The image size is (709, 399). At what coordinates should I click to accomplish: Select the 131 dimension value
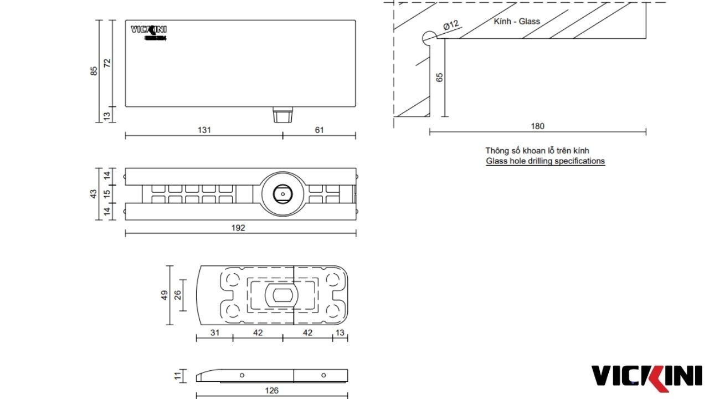click(204, 130)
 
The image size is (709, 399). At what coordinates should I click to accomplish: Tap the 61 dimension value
click(319, 130)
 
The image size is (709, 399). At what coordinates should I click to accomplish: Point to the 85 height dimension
click(94, 71)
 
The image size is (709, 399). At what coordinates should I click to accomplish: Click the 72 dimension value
click(107, 63)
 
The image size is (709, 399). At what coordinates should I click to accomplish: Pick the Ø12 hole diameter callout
click(451, 25)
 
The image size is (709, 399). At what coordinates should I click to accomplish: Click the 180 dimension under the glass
click(537, 126)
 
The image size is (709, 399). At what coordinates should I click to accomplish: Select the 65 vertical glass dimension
click(439, 78)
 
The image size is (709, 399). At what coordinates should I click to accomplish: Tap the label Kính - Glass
click(516, 22)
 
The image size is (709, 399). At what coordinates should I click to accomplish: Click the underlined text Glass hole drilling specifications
click(545, 161)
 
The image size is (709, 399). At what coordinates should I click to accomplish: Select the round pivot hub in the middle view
click(282, 194)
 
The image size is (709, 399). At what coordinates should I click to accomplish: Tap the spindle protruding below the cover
click(282, 116)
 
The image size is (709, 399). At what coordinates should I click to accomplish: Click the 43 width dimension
click(94, 194)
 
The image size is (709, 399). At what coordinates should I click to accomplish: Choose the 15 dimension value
click(107, 194)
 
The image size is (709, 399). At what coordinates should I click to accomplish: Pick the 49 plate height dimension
click(164, 295)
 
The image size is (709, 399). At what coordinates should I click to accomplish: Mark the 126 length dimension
click(271, 390)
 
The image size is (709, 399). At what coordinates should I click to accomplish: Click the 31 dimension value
click(215, 332)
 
